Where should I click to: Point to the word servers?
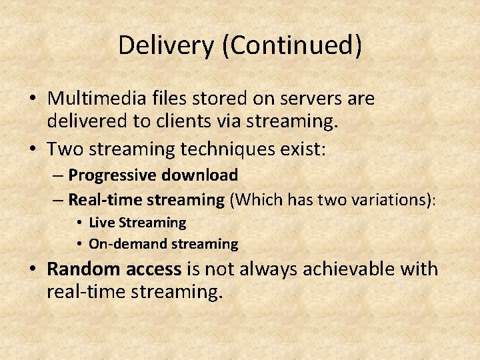(x=317, y=99)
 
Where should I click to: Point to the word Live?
(x=102, y=222)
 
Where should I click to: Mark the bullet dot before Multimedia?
(x=32, y=99)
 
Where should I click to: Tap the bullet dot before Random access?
(x=32, y=270)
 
